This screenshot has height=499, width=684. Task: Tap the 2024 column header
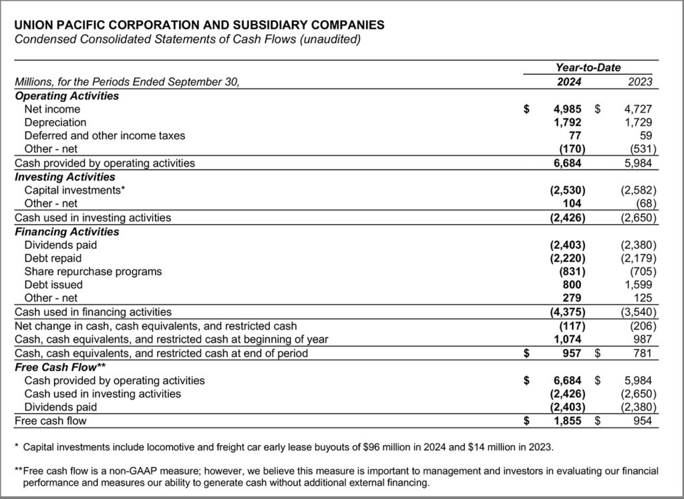569,82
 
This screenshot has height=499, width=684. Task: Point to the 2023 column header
640,82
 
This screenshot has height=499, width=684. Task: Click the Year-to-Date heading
588,67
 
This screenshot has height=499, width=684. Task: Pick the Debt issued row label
53,286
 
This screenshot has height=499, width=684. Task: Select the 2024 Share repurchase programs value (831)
572,272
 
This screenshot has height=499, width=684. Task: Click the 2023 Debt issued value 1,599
638,286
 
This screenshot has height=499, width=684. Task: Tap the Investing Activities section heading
64,177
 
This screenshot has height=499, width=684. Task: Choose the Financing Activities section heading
67,231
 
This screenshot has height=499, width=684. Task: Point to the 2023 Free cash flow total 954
641,421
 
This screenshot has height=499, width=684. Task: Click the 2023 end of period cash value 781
642,353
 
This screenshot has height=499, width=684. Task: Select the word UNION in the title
33,25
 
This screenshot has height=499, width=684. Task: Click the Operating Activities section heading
67,95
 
